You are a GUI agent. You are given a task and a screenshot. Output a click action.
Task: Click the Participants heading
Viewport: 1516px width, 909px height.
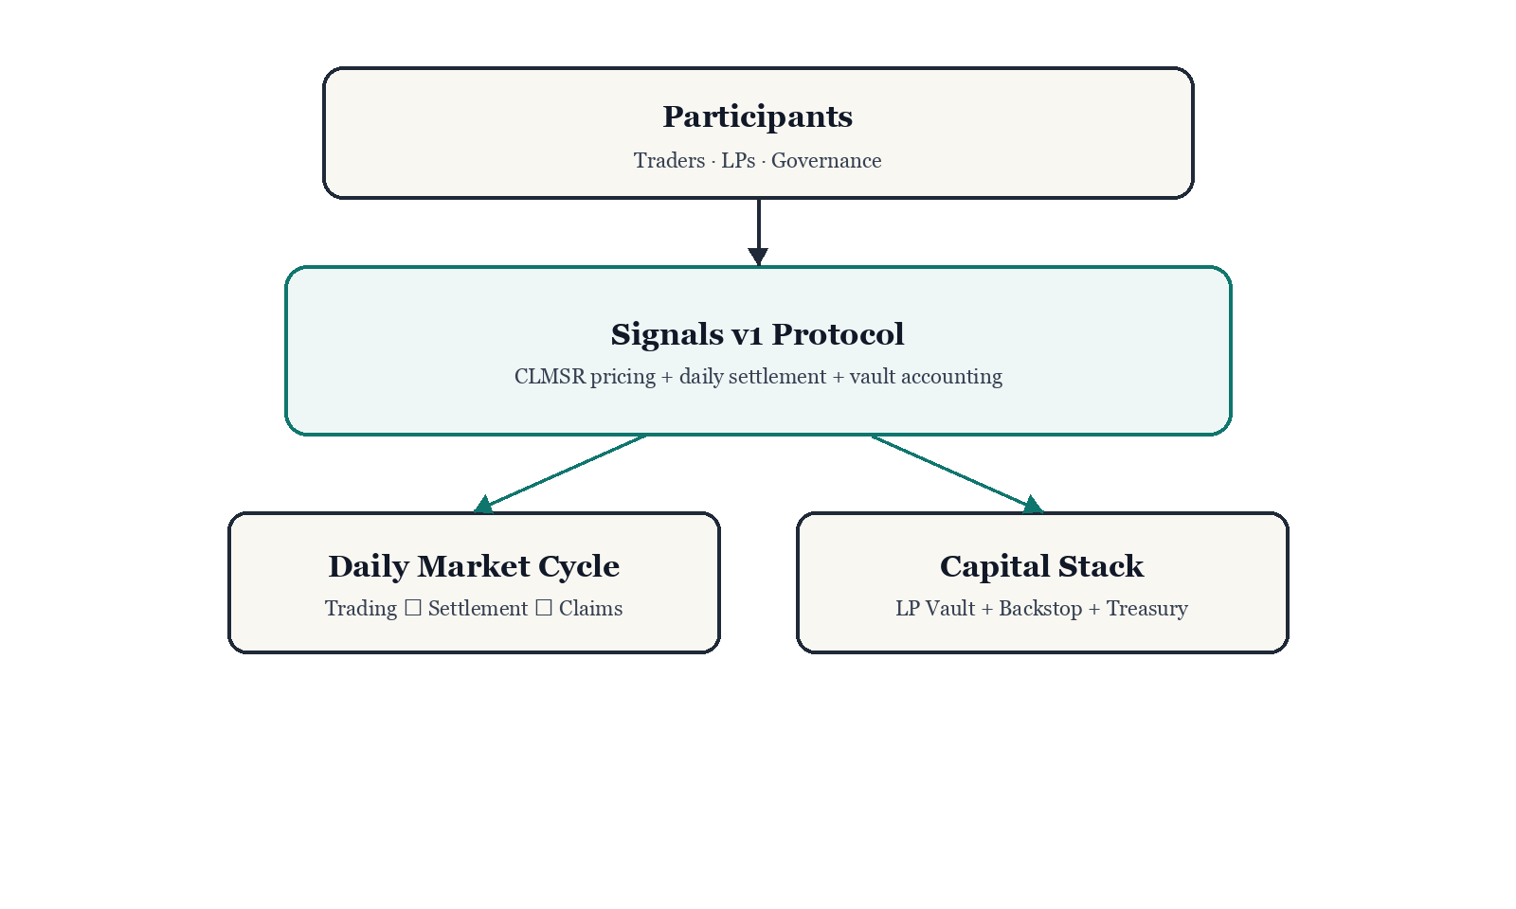point(757,116)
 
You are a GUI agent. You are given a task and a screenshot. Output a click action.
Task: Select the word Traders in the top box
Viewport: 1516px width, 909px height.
point(669,161)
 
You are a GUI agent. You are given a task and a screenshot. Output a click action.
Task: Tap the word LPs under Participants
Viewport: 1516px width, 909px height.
point(738,161)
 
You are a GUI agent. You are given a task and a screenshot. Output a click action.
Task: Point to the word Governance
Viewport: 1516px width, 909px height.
point(826,161)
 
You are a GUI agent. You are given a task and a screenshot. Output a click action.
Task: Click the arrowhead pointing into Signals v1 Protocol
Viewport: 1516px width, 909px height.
point(758,256)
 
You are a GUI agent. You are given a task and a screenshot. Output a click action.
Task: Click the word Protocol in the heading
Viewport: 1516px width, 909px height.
point(838,334)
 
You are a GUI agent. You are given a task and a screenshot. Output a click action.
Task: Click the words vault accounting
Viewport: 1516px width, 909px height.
point(926,377)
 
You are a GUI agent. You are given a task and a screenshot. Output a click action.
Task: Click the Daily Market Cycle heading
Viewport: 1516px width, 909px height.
point(474,566)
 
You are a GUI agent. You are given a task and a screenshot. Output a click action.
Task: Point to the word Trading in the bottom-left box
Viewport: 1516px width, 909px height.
point(361,609)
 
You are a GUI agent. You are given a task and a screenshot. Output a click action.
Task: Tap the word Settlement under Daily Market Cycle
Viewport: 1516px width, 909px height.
point(478,609)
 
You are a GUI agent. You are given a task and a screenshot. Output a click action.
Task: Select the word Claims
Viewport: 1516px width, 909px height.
point(590,609)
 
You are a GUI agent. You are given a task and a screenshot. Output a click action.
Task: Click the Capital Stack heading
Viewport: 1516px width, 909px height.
point(1041,566)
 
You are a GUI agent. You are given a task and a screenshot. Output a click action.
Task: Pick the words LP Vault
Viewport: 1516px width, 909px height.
point(935,609)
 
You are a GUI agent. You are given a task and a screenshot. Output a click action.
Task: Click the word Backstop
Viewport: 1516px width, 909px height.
point(1040,609)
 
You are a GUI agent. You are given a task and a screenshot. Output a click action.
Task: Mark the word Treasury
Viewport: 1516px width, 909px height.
point(1146,609)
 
